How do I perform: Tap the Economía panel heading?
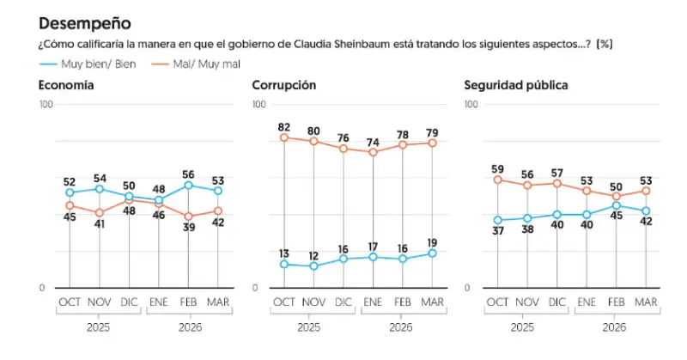66,85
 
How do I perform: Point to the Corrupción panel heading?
284,85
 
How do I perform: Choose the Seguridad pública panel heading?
515,85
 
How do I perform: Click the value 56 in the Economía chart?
188,172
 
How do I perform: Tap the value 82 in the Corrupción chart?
285,126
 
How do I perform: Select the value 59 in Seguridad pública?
498,168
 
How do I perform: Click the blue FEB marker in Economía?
188,185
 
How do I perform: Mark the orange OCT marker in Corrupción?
285,137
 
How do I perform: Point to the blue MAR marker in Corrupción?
432,253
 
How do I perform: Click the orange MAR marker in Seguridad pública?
646,191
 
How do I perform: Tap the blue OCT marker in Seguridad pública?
498,220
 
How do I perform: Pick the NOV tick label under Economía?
100,302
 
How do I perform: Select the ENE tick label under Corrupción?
373,302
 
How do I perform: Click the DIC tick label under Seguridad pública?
556,302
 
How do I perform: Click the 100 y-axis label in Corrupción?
260,104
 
